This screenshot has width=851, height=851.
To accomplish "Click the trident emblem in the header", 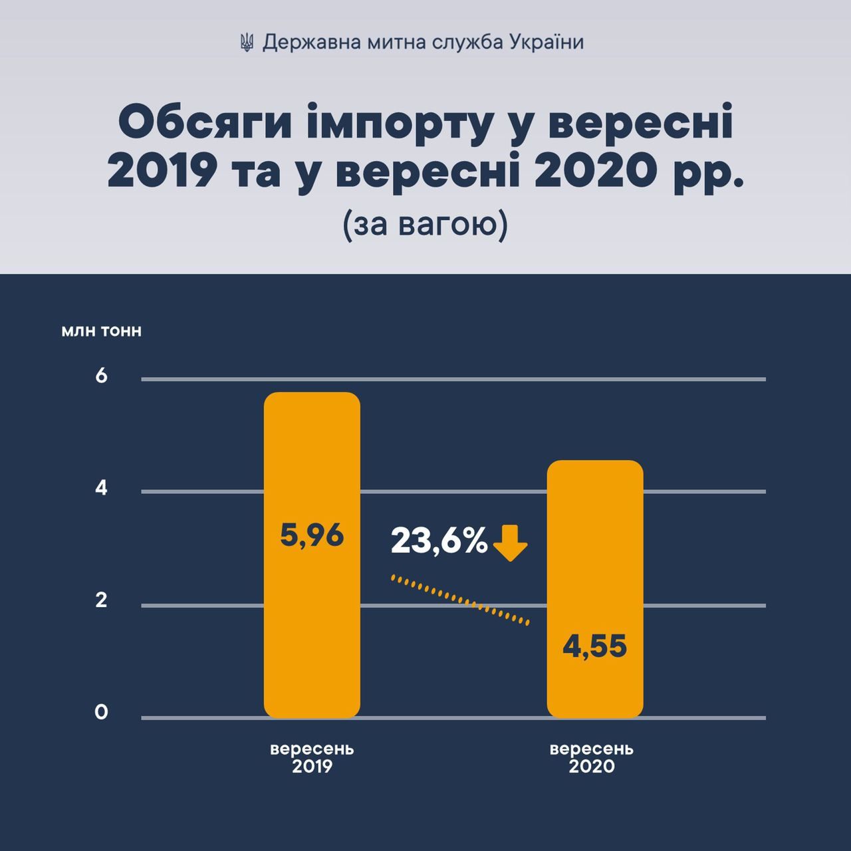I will pos(247,43).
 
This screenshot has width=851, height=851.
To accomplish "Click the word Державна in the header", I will pos(304,43).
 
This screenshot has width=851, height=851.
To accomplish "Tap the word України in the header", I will pos(547,43).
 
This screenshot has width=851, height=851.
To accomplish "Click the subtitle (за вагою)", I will pos(425,225).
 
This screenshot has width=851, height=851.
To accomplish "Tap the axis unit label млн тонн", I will pos(101,330).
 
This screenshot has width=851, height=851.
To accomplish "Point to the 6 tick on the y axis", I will pos(101,376).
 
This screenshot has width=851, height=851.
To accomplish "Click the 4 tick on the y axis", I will pos(101,488).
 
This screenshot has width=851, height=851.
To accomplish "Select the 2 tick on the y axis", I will pos(101,600).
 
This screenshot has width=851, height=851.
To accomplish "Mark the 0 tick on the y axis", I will pos(101,712).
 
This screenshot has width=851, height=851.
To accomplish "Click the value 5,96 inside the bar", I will pos(312,535).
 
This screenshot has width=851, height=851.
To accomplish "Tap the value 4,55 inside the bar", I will pos(594,646).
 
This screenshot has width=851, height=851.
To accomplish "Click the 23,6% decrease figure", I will pos(439,541).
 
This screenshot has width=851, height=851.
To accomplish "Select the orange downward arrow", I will pos(511,543).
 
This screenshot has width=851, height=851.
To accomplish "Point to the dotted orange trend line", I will pos(461,600).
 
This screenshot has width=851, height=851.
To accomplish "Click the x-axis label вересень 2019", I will pos(312,757).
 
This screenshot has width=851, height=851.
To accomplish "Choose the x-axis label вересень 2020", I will pos(592,757).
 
